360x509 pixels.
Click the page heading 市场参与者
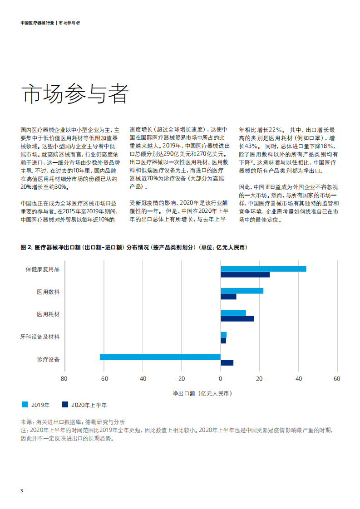click(75, 93)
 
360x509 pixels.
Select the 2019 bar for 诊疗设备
click(160, 357)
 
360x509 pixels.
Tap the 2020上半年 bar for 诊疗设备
click(227, 362)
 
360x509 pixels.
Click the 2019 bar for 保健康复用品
click(263, 269)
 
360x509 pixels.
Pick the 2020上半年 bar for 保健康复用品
click(245, 274)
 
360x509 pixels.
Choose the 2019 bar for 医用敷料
click(242, 291)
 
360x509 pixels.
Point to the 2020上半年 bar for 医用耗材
click(237, 318)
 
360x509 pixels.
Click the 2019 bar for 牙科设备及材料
click(223, 335)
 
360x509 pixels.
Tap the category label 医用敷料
click(48, 292)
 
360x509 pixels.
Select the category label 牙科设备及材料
click(40, 337)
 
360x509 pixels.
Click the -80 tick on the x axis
click(64, 379)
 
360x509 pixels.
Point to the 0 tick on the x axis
click(221, 379)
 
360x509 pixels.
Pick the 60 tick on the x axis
click(337, 379)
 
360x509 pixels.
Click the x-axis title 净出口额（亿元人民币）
click(202, 393)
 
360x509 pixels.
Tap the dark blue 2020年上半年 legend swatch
click(65, 404)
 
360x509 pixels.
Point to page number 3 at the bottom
click(22, 491)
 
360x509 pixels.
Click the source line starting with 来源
click(73, 421)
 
